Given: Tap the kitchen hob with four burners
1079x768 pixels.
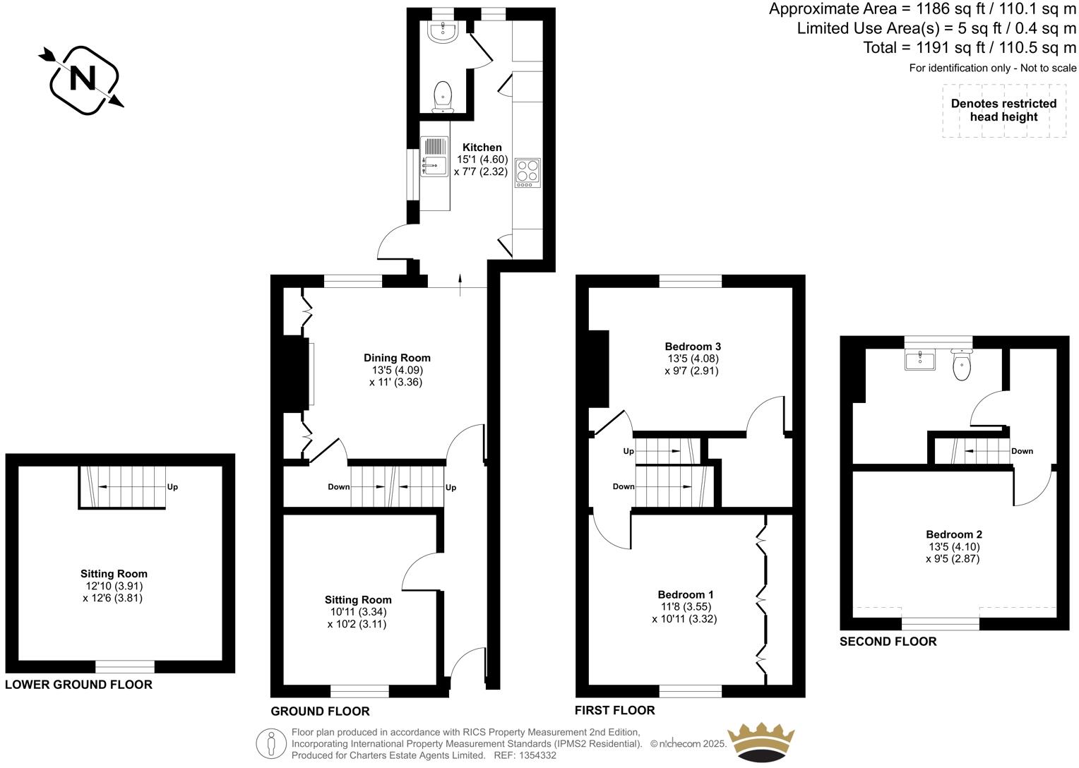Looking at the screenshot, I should click(x=527, y=172).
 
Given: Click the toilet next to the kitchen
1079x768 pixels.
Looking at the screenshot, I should click(x=443, y=96).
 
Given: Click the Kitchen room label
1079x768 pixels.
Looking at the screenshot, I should click(x=482, y=148).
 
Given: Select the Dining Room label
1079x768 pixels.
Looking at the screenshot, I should click(x=397, y=358).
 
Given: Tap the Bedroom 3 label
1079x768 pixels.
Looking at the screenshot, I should click(x=692, y=347).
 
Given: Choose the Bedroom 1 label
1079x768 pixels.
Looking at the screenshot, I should click(x=685, y=594).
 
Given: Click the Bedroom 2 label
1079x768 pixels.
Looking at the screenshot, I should click(x=953, y=534).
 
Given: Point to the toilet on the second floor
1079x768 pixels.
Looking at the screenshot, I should click(x=962, y=365).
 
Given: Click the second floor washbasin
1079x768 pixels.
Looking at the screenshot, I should click(x=920, y=360).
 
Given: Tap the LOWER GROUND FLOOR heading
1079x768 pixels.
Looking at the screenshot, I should click(x=78, y=685).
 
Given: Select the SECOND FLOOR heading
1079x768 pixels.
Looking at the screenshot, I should click(x=888, y=642).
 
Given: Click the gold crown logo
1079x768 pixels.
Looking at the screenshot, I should click(x=762, y=741).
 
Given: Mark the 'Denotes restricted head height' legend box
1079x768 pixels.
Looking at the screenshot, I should click(x=1003, y=111).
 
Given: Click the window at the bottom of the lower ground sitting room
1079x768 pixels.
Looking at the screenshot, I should click(x=125, y=666).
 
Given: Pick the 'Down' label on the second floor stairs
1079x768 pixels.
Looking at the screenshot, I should click(x=1022, y=451).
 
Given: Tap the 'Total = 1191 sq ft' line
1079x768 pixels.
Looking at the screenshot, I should click(x=970, y=48).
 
